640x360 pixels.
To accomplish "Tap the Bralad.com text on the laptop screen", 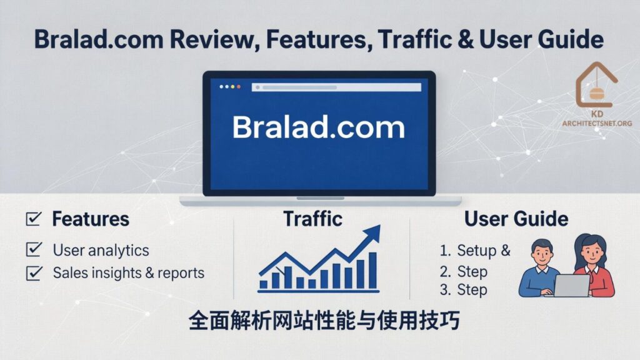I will (x=319, y=128).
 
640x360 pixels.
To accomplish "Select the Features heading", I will (x=91, y=219).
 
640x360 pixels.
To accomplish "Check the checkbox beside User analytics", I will (x=34, y=250).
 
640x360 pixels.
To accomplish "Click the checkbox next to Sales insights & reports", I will (x=34, y=272).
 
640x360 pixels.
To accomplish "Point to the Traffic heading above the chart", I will (x=312, y=219).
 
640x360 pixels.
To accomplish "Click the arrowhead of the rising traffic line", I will (x=373, y=232).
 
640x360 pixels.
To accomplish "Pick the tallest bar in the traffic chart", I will (x=372, y=270).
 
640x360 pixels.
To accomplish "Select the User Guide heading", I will (x=516, y=219).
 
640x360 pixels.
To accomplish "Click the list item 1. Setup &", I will (x=475, y=251).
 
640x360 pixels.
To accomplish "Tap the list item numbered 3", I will (x=464, y=290).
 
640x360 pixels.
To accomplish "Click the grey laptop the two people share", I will (x=570, y=286).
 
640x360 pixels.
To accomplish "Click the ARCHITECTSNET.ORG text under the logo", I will (x=596, y=123).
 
